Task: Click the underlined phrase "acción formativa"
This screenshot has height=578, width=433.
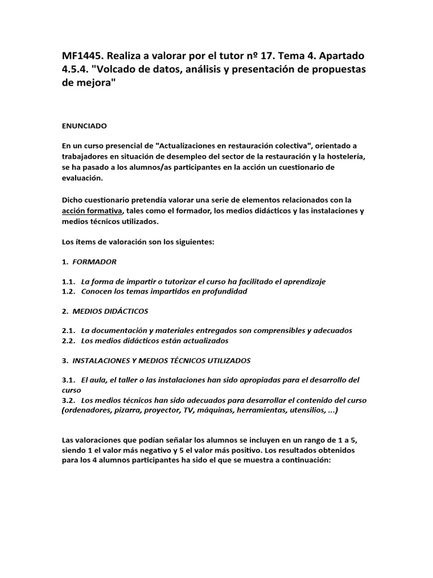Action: (x=92, y=211)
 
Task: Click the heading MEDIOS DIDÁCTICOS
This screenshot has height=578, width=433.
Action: (x=111, y=310)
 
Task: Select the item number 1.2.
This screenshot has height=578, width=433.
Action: (x=68, y=291)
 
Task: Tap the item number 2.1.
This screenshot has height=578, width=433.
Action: (x=68, y=330)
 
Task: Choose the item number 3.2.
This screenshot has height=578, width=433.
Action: (x=68, y=400)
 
